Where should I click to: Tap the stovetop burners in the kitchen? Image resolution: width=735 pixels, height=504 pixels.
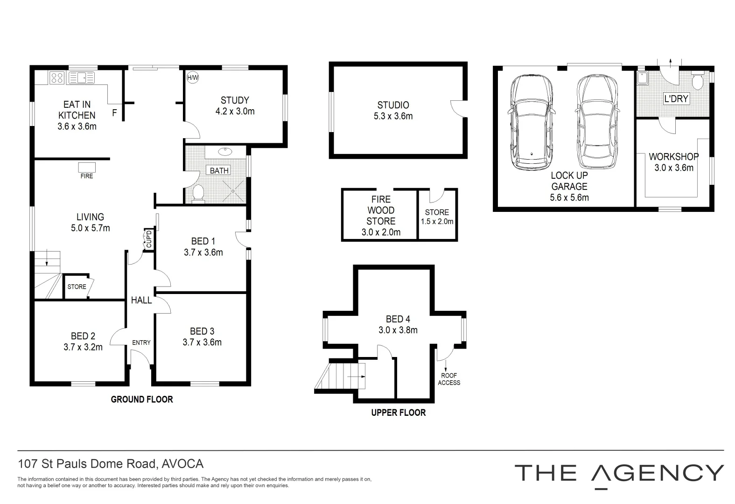(x=57, y=77)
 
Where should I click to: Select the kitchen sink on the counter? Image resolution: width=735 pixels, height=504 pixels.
(x=81, y=77)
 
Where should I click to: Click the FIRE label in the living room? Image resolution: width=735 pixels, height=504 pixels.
(x=87, y=176)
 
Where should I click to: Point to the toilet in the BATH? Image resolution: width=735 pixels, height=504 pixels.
(x=198, y=193)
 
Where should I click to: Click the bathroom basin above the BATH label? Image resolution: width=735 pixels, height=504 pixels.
(x=225, y=151)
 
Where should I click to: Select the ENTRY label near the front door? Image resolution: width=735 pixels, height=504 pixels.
(x=141, y=343)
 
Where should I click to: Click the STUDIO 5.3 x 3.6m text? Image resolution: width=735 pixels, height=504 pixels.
(x=393, y=111)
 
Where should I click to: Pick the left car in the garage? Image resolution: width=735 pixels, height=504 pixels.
(x=531, y=122)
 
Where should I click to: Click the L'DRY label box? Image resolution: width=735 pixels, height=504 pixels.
(x=676, y=99)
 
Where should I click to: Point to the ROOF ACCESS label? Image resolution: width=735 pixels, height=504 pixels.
(x=449, y=379)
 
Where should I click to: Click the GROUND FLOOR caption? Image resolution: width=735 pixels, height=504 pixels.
(x=142, y=399)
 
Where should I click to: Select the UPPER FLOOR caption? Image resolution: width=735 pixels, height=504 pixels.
(x=398, y=413)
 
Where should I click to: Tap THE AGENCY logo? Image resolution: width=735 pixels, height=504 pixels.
(x=619, y=473)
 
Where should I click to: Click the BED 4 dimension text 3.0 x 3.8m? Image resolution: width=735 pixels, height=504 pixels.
(x=398, y=330)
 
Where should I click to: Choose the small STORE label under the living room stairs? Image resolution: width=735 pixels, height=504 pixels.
(x=77, y=287)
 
